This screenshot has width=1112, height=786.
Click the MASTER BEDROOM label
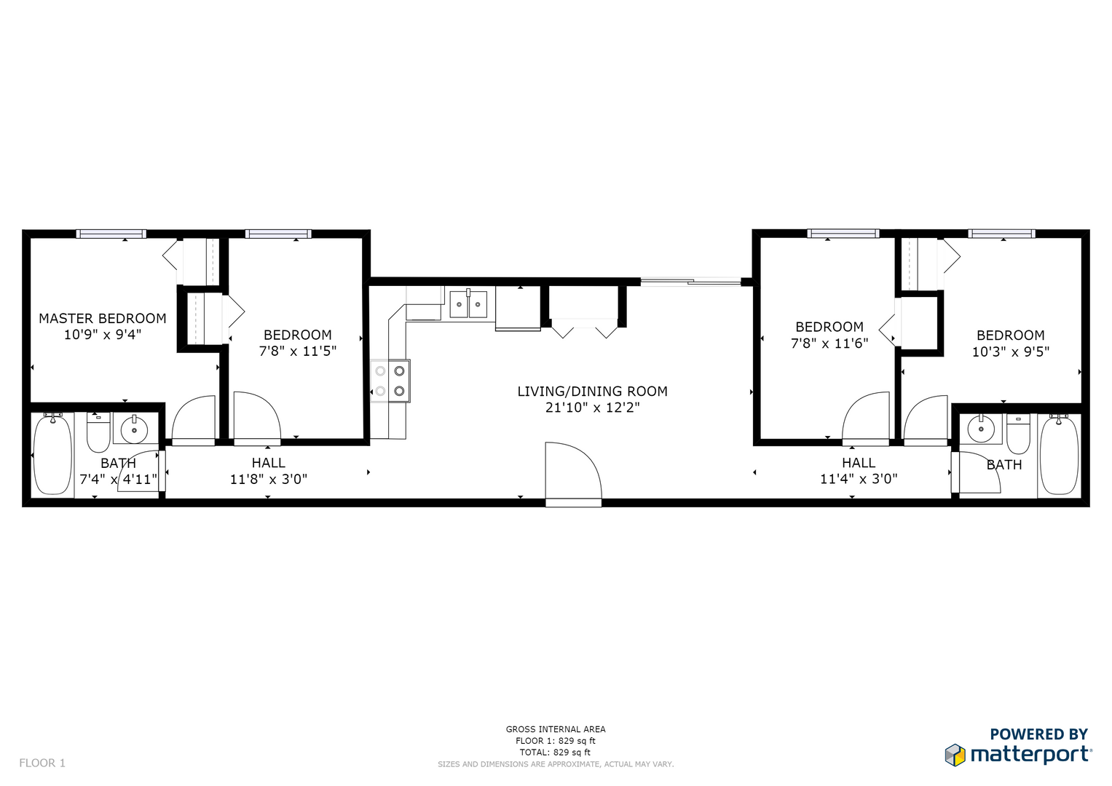click(103, 319)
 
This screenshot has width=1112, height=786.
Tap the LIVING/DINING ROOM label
click(592, 392)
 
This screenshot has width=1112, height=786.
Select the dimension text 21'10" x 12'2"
click(592, 408)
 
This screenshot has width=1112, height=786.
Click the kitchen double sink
click(468, 303)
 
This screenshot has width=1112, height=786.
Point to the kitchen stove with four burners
click(390, 381)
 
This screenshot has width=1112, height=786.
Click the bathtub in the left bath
click(52, 454)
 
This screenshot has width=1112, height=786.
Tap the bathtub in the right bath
click(1059, 455)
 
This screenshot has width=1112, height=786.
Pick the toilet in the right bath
click(1017, 434)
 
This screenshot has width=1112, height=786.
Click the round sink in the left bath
click(135, 429)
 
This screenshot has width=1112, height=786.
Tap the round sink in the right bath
click(980, 429)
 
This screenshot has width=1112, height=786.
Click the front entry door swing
click(573, 472)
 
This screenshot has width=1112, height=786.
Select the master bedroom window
click(111, 234)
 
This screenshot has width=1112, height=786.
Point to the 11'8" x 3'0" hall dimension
click(269, 480)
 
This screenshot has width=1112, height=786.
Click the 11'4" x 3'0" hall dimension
click(859, 480)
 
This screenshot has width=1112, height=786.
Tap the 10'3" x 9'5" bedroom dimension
click(1011, 352)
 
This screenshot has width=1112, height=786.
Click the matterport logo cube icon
click(955, 755)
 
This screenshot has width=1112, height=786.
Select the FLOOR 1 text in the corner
click(42, 763)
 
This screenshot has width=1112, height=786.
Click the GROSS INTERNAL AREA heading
click(556, 729)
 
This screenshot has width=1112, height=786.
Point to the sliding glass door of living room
click(690, 282)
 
